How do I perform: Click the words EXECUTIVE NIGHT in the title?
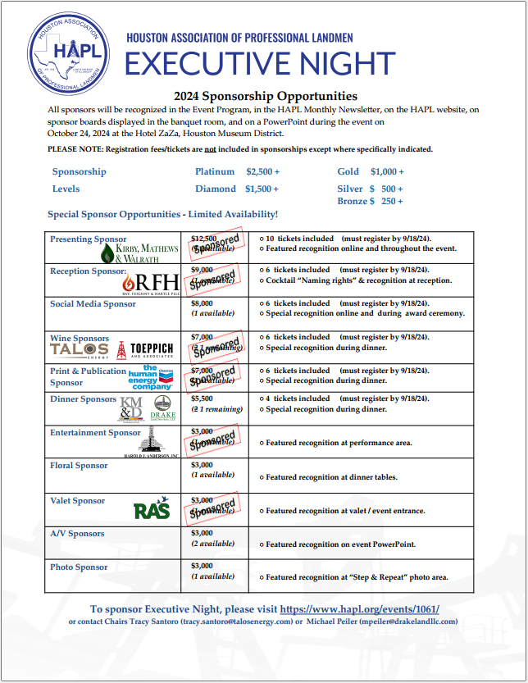(x=260, y=63)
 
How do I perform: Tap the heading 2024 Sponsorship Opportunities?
(x=266, y=96)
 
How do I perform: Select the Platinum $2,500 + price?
(x=262, y=171)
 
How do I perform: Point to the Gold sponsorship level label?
(x=348, y=171)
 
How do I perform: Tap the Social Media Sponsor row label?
(x=93, y=304)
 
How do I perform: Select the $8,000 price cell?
(x=202, y=303)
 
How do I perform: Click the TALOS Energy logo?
(x=80, y=350)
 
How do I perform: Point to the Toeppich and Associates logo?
(x=147, y=350)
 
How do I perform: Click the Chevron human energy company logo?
(x=151, y=378)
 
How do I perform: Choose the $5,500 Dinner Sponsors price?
(x=202, y=398)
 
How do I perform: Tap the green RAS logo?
(x=152, y=510)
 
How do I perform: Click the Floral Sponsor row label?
(x=79, y=466)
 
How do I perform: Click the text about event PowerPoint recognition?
(x=340, y=544)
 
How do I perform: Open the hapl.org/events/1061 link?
(x=359, y=609)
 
